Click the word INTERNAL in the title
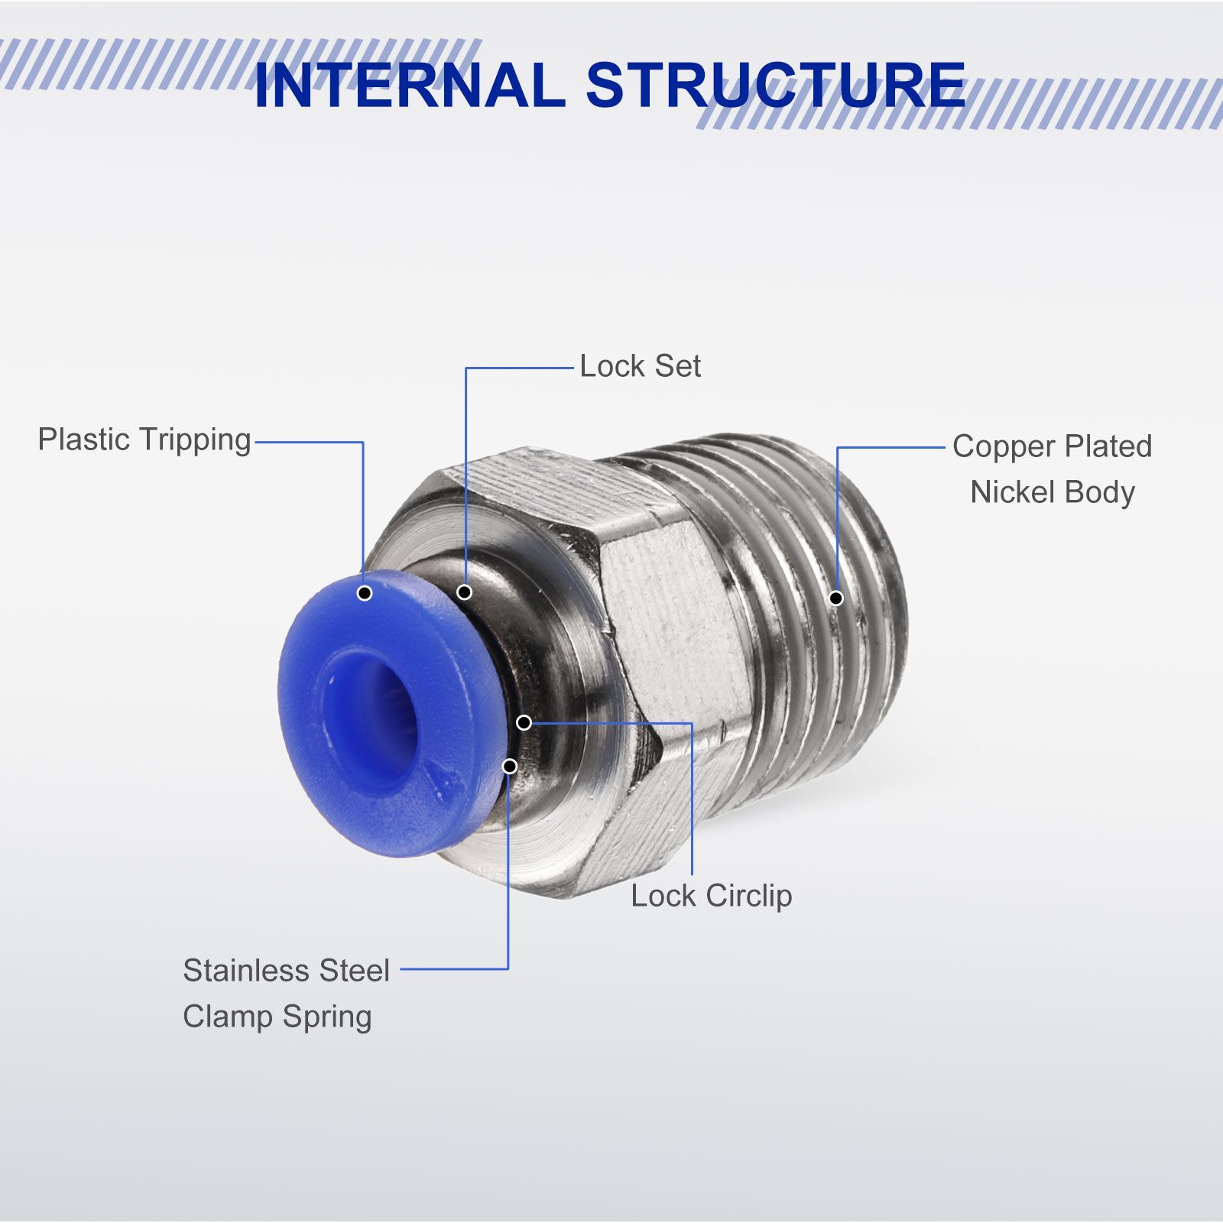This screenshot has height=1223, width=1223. click(409, 85)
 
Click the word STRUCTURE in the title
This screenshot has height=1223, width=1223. click(777, 85)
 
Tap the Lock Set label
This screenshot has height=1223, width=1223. click(640, 366)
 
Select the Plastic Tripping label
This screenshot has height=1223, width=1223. click(144, 440)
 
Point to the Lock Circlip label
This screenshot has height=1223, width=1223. click(711, 896)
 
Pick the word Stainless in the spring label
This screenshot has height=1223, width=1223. click(245, 971)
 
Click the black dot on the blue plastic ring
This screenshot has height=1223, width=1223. click(365, 592)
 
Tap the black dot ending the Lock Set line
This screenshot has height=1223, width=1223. click(464, 592)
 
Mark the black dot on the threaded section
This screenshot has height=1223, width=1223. click(836, 598)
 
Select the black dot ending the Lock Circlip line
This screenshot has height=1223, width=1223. click(524, 722)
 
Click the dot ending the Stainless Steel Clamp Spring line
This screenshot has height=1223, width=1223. click(509, 766)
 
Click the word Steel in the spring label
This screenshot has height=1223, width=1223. click(355, 971)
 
